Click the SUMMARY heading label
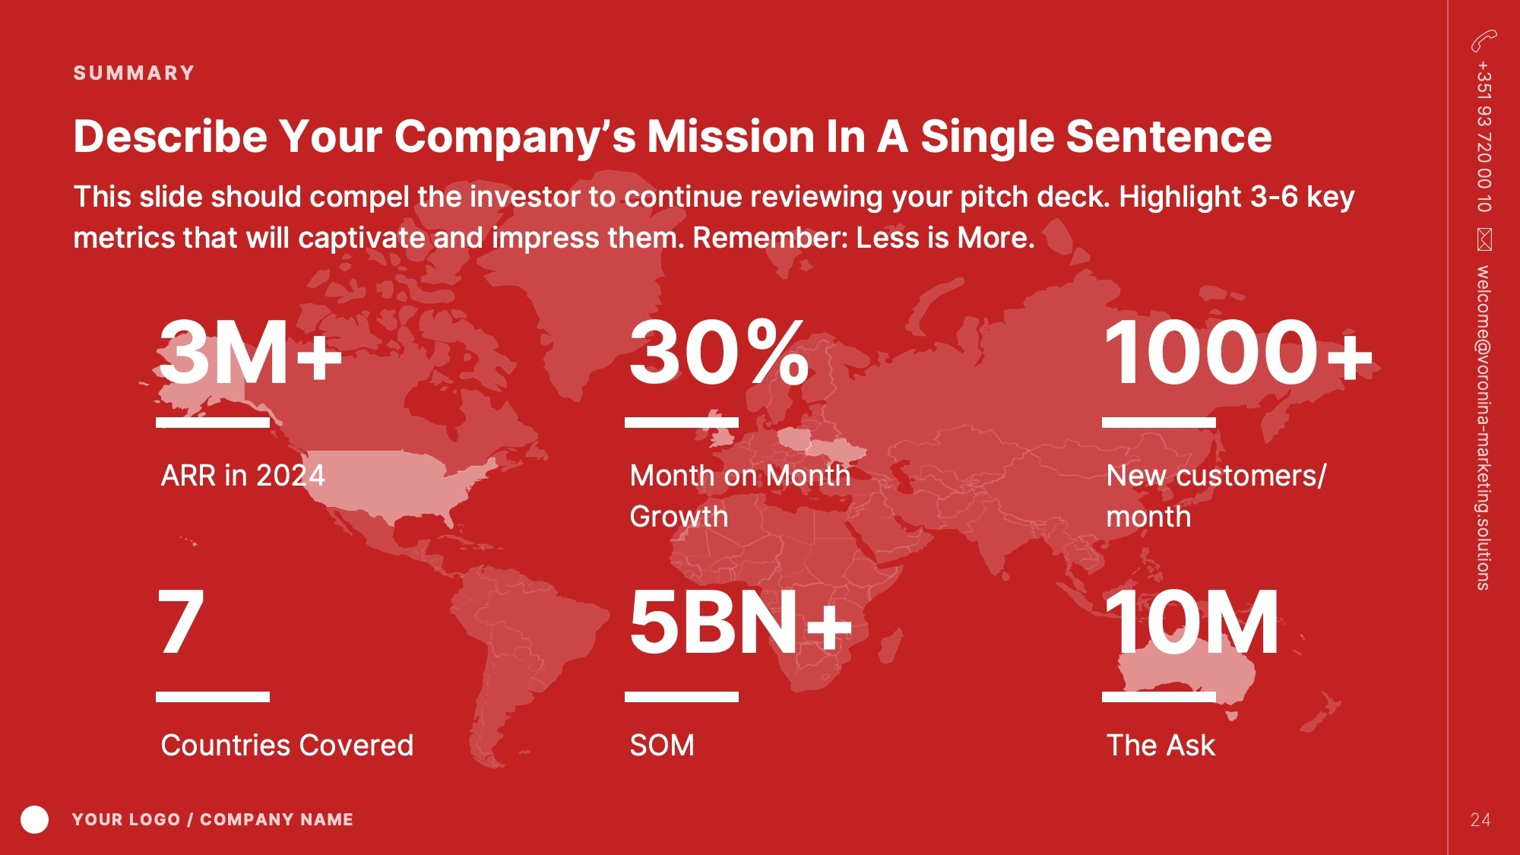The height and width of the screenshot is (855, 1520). coord(134,73)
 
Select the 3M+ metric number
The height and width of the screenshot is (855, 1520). coord(250,353)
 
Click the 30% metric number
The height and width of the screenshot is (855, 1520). coord(719,353)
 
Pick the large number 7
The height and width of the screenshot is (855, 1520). coord(181,622)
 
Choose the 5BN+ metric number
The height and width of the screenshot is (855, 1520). coord(741,622)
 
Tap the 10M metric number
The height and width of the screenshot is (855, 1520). coord(1192,622)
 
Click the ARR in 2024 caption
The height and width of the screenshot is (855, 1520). coord(243,476)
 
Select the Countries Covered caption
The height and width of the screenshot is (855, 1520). coord(287,746)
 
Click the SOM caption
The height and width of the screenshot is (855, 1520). coord(662,746)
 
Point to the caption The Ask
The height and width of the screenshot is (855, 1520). coord(1161,746)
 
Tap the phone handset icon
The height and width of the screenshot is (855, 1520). coord(1484,41)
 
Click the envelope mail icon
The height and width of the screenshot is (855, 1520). coord(1484,239)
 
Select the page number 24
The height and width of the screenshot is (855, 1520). coord(1480,820)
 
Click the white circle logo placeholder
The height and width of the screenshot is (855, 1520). coord(34,819)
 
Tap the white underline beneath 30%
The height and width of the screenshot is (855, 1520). coord(682,422)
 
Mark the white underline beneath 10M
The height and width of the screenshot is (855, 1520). coord(1159,697)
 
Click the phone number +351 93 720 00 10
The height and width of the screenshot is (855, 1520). coord(1484,137)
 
